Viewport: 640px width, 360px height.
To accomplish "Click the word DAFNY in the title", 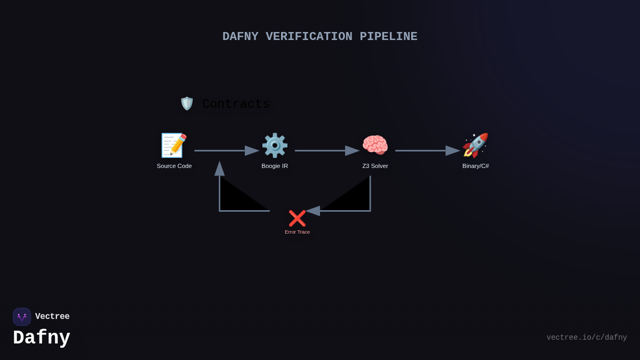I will click(240, 37).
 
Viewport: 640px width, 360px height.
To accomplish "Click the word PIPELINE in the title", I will click(388, 37).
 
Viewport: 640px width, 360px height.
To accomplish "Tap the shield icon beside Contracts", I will click(187, 103).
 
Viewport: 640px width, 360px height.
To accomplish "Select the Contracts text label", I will click(236, 104).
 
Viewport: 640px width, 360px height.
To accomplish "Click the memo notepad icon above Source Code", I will click(174, 145).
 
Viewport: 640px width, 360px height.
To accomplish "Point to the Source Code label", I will click(174, 166).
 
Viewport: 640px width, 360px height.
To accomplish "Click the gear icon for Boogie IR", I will click(275, 145).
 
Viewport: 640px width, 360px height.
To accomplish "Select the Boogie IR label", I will click(275, 166).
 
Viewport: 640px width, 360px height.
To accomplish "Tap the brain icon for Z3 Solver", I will click(375, 145).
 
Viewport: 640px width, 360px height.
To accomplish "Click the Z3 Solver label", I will click(375, 166).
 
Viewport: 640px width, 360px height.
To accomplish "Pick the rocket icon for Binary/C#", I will click(475, 145).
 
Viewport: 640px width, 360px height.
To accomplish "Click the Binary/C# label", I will click(475, 166).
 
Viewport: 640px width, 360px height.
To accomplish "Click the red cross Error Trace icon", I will click(297, 218).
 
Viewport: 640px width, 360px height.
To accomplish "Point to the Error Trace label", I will click(297, 232).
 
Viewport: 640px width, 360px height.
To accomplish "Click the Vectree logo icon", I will click(22, 317).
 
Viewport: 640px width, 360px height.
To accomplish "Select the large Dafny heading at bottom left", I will click(42, 338).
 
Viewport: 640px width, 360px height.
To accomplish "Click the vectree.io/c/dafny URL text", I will click(587, 338).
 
